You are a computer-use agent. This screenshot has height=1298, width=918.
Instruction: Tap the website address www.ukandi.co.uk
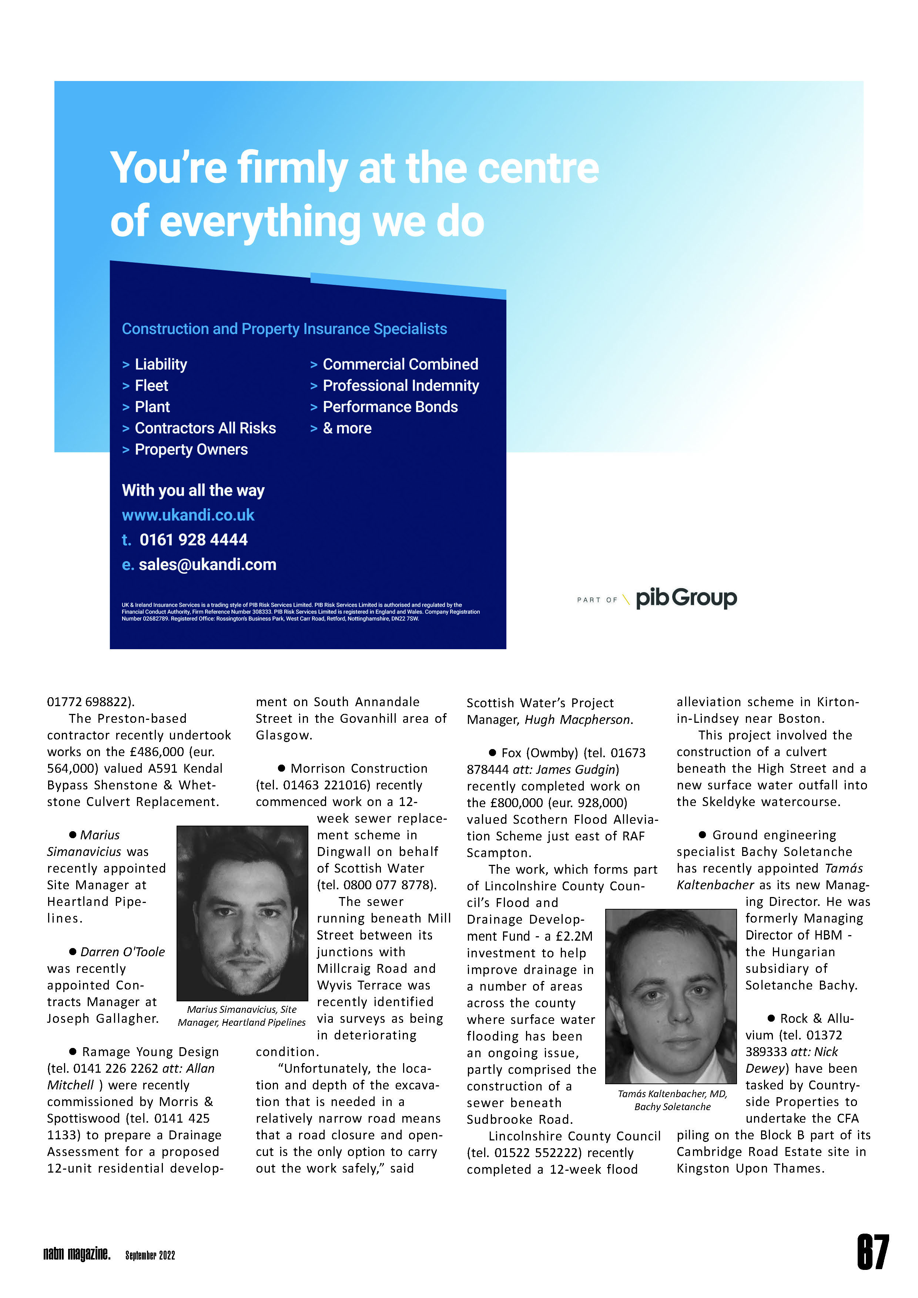coord(188,515)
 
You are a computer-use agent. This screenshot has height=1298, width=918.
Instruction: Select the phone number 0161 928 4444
coord(194,540)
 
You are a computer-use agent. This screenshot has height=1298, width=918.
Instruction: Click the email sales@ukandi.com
coord(207,565)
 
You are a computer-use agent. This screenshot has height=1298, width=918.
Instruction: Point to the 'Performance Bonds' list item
coord(390,407)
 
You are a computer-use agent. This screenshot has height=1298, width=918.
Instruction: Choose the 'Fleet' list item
coord(151,385)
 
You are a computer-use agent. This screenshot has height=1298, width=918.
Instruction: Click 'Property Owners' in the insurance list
coord(191,449)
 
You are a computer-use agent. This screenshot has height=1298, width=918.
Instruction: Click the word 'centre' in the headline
coord(538,168)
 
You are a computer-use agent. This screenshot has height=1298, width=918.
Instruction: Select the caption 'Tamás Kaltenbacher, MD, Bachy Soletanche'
coord(672,1100)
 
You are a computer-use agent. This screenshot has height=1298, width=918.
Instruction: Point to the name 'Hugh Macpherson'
coord(577,720)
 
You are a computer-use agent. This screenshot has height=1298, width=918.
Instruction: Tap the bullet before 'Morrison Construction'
coord(281,768)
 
